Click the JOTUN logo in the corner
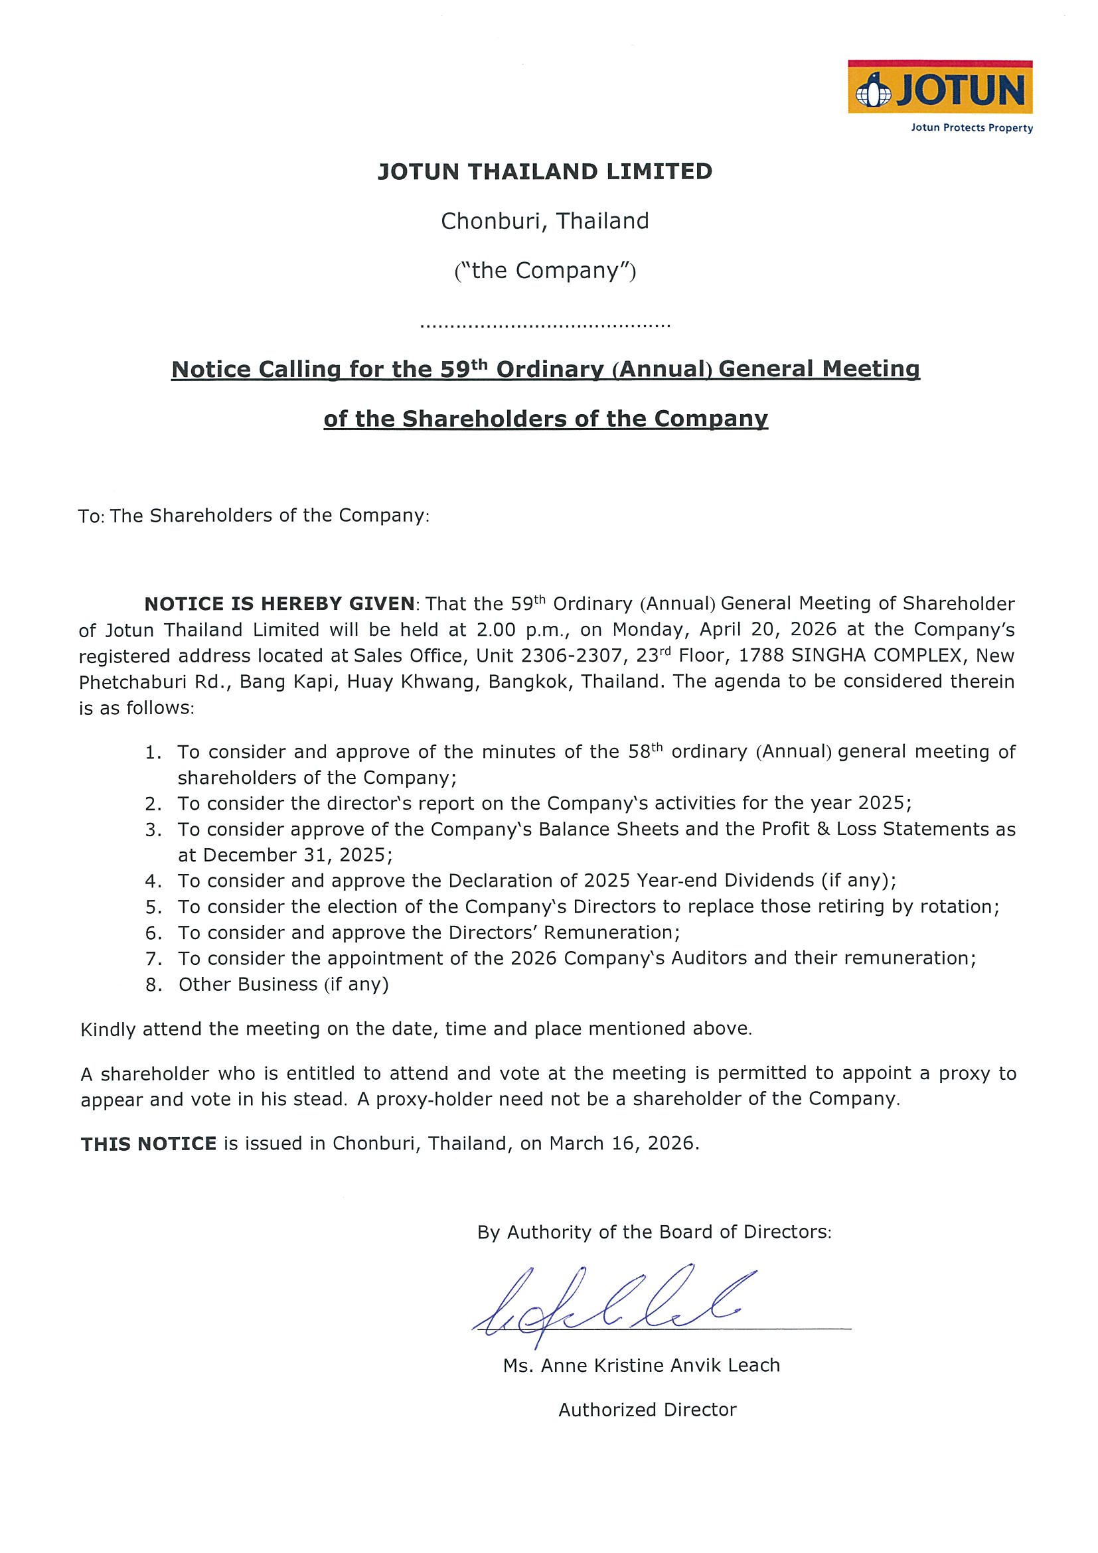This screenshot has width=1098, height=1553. click(x=940, y=88)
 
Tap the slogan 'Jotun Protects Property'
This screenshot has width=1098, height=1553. click(x=971, y=128)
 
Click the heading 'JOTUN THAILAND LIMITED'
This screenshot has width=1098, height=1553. click(x=544, y=171)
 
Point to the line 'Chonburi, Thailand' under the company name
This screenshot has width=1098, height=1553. click(x=544, y=221)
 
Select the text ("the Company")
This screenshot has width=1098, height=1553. click(x=544, y=271)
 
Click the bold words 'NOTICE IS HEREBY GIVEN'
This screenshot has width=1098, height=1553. click(x=279, y=603)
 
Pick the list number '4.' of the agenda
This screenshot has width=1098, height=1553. click(x=153, y=881)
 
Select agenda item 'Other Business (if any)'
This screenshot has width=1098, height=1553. click(x=283, y=984)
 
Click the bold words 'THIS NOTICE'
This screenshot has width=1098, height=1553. click(x=148, y=1144)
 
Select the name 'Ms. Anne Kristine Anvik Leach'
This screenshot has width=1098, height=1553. click(x=641, y=1366)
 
